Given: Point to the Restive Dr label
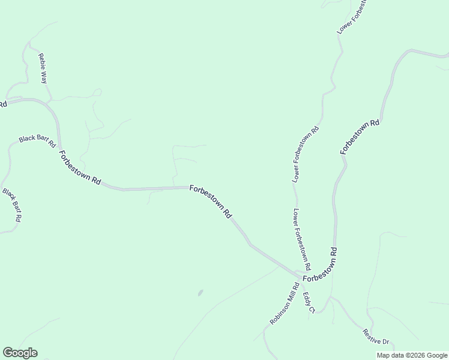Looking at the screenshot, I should tap(376, 337).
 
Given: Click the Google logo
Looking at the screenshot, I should tap(20, 353).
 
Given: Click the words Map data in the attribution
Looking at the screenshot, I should tap(391, 355).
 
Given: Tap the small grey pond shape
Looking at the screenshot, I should tap(200, 293).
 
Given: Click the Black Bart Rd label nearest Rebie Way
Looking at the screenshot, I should tap(37, 141).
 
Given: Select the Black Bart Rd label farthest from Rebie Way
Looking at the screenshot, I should tap(12, 205).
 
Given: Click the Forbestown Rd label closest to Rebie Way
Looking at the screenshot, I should tap(79, 167).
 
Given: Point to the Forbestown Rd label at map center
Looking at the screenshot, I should tap(211, 201).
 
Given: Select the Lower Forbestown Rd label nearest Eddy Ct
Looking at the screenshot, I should tap(302, 238).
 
